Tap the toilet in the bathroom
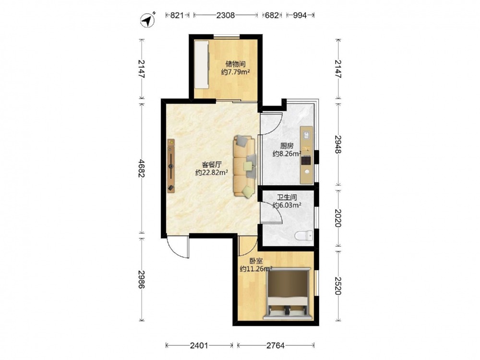click(x=304, y=236)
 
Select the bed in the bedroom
click(x=288, y=293)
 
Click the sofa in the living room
click(x=245, y=166)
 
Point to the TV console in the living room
click(x=171, y=166)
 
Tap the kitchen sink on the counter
click(x=306, y=135)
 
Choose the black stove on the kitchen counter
click(x=306, y=160)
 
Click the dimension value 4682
click(x=141, y=168)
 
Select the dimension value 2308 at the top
click(x=226, y=15)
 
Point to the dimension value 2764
click(x=275, y=346)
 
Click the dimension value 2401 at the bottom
click(x=199, y=346)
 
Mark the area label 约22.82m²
click(x=212, y=173)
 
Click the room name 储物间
click(x=235, y=64)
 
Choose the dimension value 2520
click(x=338, y=286)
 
